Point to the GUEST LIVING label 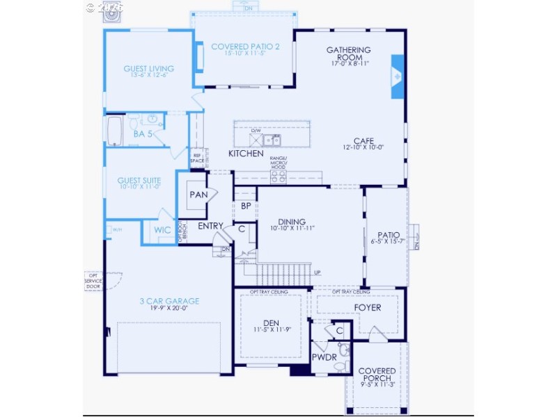[148, 69]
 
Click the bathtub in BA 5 [114, 130]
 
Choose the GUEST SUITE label [139, 181]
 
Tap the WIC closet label [162, 230]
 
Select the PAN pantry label [198, 195]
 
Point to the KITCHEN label [246, 153]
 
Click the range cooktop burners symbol [278, 178]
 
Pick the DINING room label [292, 222]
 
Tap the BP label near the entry [246, 206]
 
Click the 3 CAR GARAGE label [170, 301]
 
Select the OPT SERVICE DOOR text [93, 281]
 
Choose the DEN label [271, 323]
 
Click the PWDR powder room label [324, 357]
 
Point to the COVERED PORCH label [378, 375]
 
